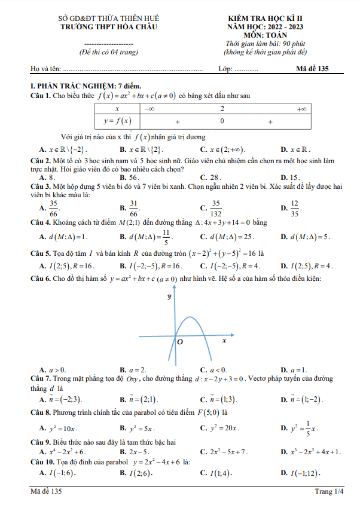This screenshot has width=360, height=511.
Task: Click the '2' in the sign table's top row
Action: [x=222, y=109]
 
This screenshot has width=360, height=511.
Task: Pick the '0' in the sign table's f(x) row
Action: [x=222, y=121]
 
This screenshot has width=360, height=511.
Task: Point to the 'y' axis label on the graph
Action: [x=169, y=296]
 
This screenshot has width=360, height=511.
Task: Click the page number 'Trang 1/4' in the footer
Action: [x=330, y=492]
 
